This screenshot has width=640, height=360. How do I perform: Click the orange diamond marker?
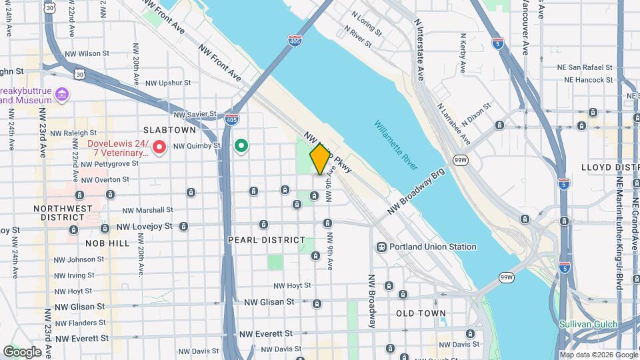coord(320,159)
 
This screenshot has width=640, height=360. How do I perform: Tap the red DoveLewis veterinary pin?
coord(159,146)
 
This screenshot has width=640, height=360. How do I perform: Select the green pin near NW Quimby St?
coord(242,145)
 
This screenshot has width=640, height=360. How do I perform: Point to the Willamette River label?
coord(396,141)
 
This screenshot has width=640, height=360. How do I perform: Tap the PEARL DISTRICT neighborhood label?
coord(266,239)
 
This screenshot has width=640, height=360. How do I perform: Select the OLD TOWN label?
coord(421,313)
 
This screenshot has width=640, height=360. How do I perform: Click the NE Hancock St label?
coord(588,80)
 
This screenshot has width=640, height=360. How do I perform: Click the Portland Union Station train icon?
coord(381,247)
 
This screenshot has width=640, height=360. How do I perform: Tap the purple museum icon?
coord(62,95)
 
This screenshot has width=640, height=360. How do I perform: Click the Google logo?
coord(22,352)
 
